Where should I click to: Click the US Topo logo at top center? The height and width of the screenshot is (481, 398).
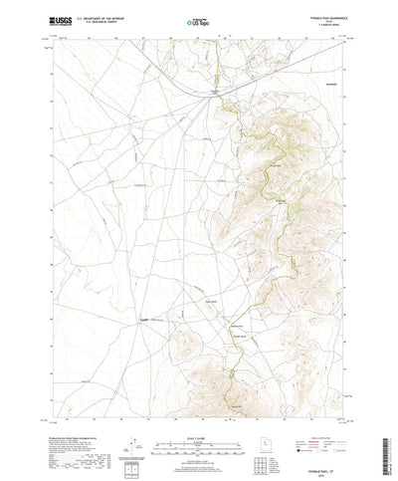[198, 20]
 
